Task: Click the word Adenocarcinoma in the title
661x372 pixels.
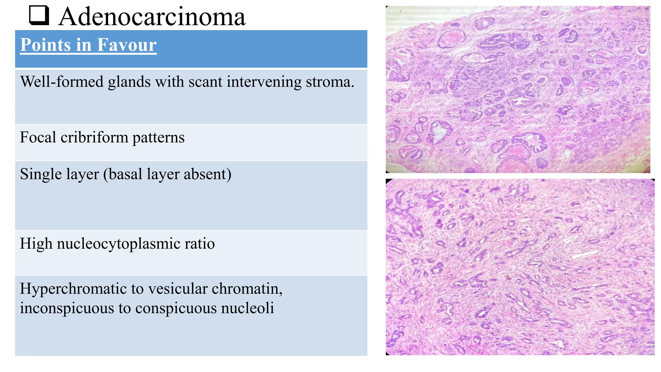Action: [x=152, y=17]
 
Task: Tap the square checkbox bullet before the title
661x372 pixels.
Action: [x=39, y=15]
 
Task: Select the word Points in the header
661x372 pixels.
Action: [x=45, y=45]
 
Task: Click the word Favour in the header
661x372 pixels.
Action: [x=127, y=45]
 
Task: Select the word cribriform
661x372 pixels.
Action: [x=94, y=138]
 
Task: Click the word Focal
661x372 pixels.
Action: [x=38, y=137]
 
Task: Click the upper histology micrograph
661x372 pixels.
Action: [x=518, y=89]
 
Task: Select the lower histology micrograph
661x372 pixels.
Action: [x=520, y=267]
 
